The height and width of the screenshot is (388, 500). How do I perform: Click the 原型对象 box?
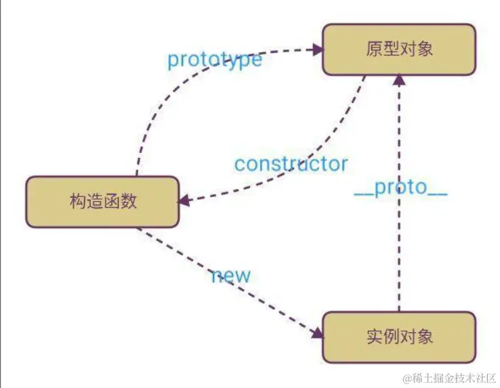(398, 49)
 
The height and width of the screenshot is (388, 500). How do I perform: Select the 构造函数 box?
(102, 202)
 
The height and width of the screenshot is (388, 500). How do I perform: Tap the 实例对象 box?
(398, 337)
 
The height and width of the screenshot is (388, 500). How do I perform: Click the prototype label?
(214, 60)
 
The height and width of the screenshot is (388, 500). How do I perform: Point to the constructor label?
(291, 164)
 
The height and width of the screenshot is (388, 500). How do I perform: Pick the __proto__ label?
(400, 188)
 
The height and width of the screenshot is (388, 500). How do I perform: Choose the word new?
(230, 275)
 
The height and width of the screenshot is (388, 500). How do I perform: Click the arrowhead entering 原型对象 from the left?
(316, 49)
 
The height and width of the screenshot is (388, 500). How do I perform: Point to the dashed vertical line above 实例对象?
(399, 257)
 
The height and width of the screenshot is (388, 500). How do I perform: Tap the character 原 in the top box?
(373, 49)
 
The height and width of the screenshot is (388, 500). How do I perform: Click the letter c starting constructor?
(239, 165)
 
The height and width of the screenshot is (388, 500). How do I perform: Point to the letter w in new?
(243, 276)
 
